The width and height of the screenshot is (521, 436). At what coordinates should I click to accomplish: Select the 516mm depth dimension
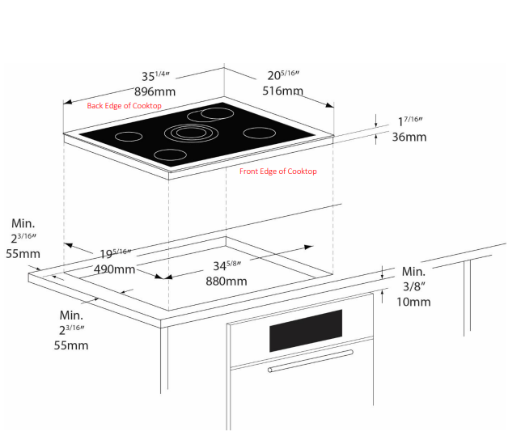(x=282, y=91)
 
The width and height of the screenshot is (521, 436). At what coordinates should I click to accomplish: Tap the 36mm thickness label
(x=409, y=137)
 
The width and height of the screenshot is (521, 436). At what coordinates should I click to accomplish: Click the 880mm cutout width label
(x=226, y=281)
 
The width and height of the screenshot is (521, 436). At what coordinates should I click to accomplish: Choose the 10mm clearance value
(x=413, y=302)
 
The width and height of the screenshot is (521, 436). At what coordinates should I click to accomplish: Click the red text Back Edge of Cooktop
(x=125, y=106)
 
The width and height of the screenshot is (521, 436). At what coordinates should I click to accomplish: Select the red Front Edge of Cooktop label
(x=277, y=171)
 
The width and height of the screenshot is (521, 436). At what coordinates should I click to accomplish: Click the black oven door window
(x=306, y=330)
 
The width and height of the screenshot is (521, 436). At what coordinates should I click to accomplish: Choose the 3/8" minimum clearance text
(x=413, y=286)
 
